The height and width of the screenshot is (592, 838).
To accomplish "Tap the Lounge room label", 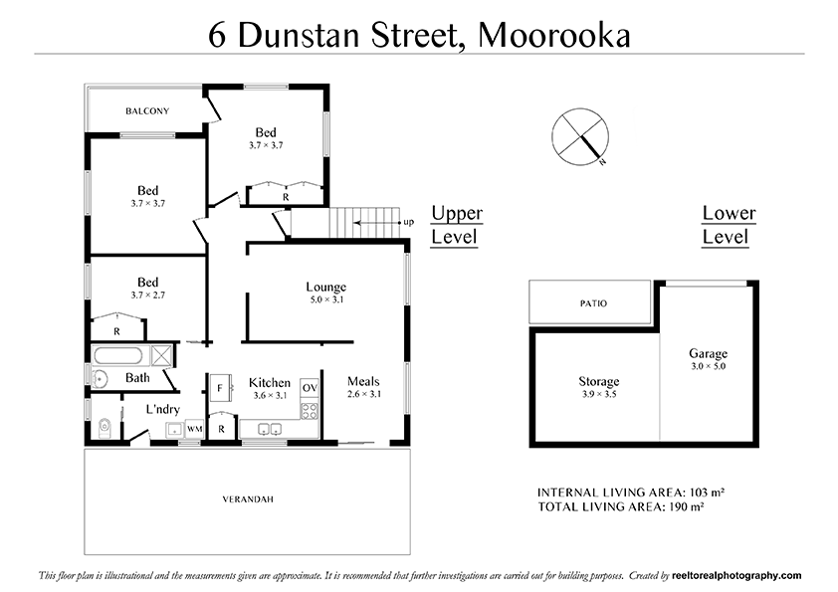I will [325, 288].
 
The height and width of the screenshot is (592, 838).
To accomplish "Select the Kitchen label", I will [270, 383].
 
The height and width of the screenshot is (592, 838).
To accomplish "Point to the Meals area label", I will [363, 381].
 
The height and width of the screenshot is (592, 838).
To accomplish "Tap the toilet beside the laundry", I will [104, 428].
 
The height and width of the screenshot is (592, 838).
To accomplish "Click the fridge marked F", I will [220, 387].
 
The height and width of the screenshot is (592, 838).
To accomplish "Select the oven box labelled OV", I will [310, 387].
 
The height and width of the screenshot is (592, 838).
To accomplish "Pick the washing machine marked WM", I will [194, 429].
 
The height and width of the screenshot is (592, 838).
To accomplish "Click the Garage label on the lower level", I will [708, 353].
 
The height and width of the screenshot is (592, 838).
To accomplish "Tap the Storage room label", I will [599, 381].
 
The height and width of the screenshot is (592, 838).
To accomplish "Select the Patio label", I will [592, 303].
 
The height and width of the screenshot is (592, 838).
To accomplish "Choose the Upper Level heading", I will [456, 225].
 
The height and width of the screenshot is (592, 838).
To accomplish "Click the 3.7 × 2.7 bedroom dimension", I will [148, 296].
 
